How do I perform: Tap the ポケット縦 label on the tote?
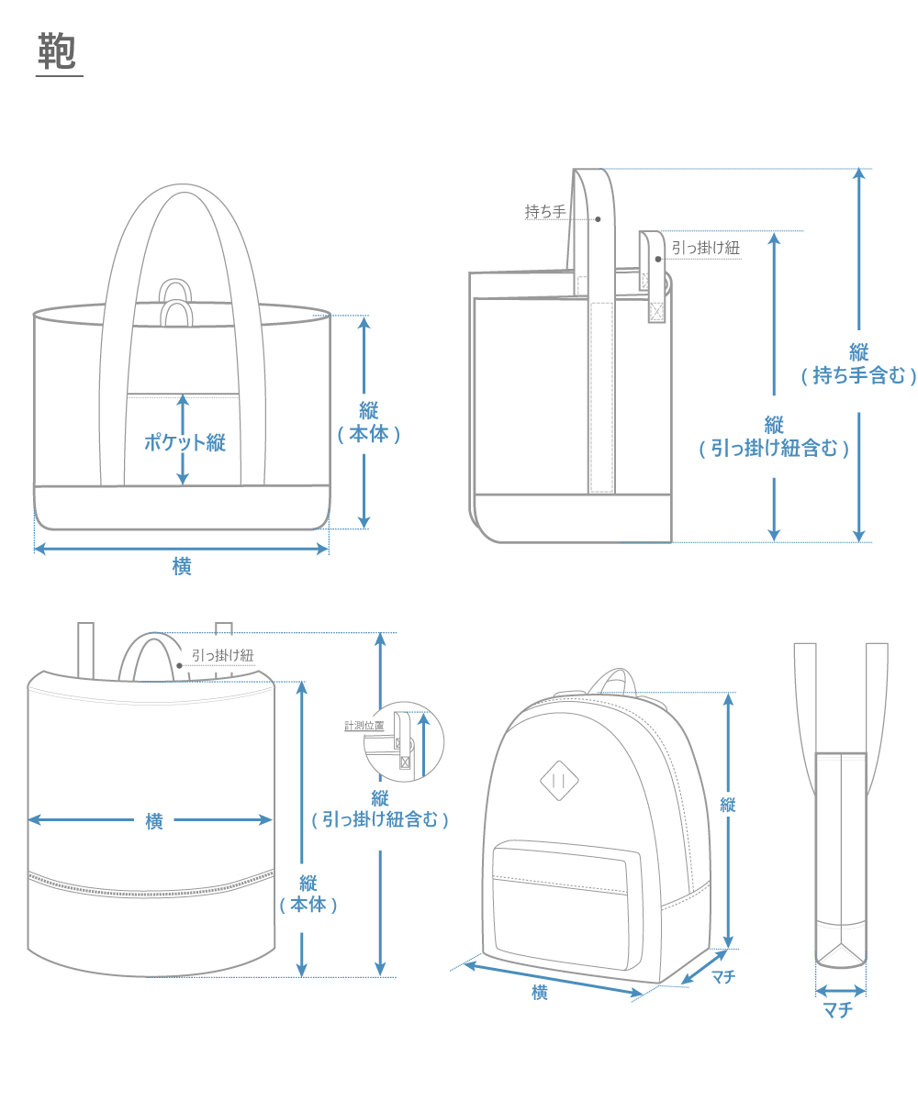coord(185,442)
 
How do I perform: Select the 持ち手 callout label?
coord(544,211)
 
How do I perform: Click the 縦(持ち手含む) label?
coord(858,363)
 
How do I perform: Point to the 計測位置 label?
coord(364,725)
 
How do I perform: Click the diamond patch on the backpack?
coord(559,780)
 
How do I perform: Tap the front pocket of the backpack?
coord(561,904)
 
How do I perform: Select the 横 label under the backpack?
coord(540,992)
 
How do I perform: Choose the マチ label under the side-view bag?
coord(837,1010)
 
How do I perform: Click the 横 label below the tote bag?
coord(182,567)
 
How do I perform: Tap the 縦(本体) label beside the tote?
coord(368,423)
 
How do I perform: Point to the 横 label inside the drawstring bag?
coord(154,821)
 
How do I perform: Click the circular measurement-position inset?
coord(403,744)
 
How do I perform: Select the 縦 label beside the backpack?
coord(728,805)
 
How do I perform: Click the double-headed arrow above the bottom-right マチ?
coord(840,991)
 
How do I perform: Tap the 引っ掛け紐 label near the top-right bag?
coord(705,247)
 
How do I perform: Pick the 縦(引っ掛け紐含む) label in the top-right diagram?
coord(774,437)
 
